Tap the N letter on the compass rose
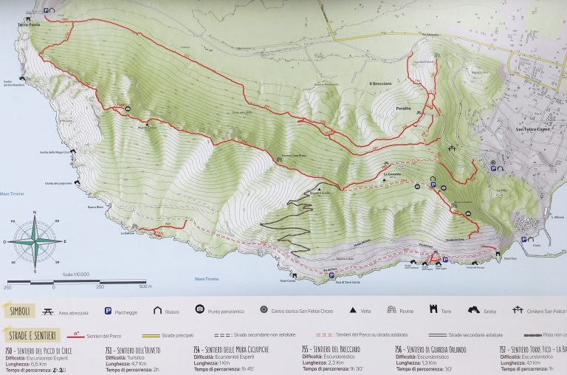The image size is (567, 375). point(35,213)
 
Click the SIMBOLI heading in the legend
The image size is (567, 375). point(19,311)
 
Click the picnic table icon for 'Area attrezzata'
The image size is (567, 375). point(48,311)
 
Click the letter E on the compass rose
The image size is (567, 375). point(64,241)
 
